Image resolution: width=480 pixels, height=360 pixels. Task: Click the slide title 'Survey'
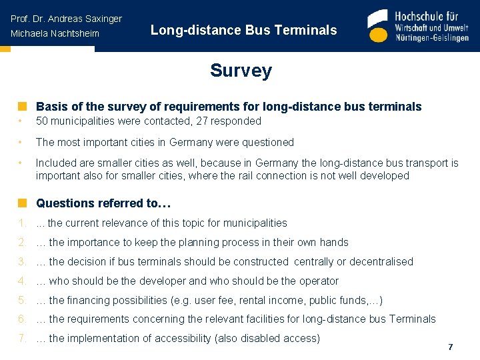pyautogui.click(x=241, y=71)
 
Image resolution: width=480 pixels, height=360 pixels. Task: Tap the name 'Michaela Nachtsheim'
pyautogui.click(x=55, y=33)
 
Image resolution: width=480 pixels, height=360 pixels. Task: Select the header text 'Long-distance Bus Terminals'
pyautogui.click(x=243, y=30)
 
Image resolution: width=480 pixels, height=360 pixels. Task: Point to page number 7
pyautogui.click(x=451, y=347)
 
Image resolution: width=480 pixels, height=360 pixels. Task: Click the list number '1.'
pyautogui.click(x=22, y=223)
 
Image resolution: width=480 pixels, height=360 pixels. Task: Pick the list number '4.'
pyautogui.click(x=22, y=281)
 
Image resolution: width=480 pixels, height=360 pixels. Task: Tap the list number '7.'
pyautogui.click(x=22, y=339)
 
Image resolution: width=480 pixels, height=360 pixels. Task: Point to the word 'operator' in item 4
pyautogui.click(x=317, y=281)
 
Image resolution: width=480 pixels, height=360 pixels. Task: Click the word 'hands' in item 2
pyautogui.click(x=334, y=243)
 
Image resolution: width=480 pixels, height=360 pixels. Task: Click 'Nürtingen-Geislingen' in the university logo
pyautogui.click(x=432, y=38)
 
